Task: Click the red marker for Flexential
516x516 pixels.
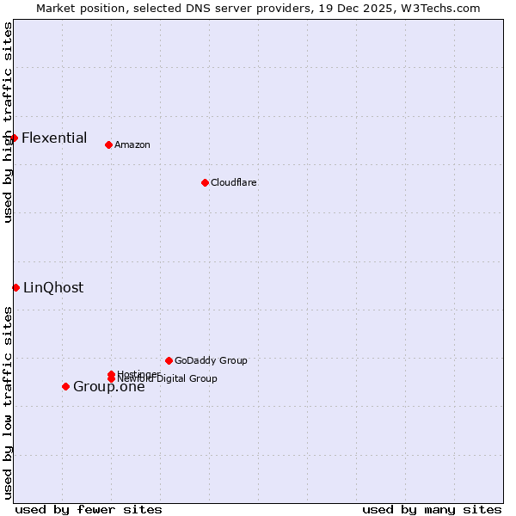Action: click(14, 138)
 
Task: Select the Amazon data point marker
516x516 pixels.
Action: click(108, 144)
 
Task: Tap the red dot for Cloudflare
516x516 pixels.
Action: click(205, 182)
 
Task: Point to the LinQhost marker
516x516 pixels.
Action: click(15, 287)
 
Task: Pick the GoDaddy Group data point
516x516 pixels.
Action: click(169, 360)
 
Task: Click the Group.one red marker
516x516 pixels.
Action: click(65, 386)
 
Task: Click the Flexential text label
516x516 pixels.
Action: click(54, 138)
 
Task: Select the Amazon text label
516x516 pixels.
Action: click(132, 144)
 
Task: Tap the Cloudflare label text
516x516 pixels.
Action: click(233, 182)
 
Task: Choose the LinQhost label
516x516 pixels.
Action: click(53, 287)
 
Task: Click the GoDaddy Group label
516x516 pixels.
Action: click(211, 360)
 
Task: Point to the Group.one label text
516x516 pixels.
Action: click(108, 386)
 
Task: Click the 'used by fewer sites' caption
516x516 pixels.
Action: click(89, 509)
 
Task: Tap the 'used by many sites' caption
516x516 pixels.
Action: click(432, 509)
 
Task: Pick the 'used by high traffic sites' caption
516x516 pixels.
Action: click(8, 122)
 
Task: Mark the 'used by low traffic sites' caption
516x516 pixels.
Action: click(8, 402)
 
